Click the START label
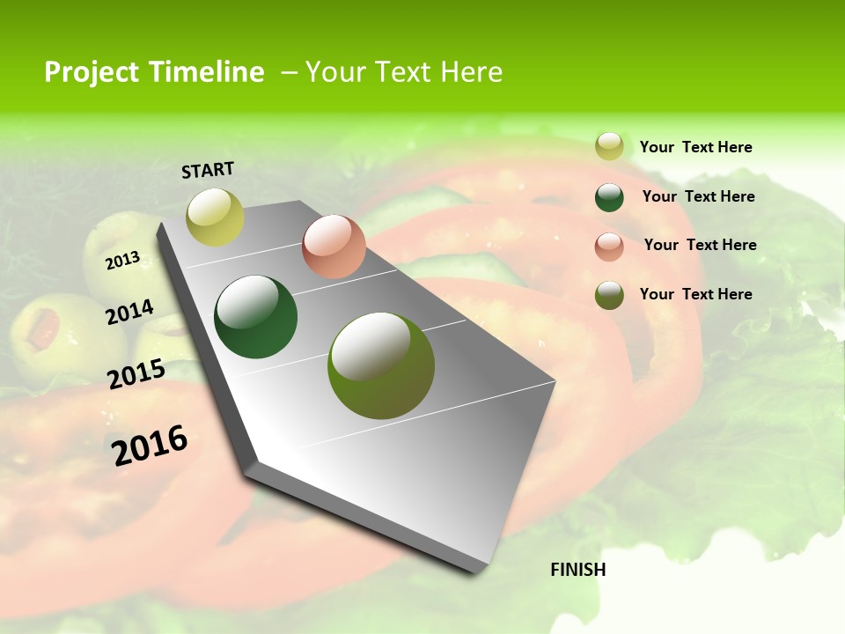(x=208, y=170)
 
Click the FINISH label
(x=578, y=570)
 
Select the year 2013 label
(x=122, y=261)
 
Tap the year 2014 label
(x=129, y=313)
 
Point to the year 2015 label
(x=136, y=374)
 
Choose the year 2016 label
(x=150, y=445)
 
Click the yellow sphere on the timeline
(x=215, y=217)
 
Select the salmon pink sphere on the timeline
(x=334, y=247)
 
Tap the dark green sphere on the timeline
(x=255, y=317)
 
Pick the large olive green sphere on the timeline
(x=380, y=365)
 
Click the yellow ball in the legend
(x=609, y=146)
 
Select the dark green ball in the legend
(x=609, y=197)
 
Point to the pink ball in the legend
(x=609, y=247)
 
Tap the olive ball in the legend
(x=609, y=295)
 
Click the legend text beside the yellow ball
(x=695, y=147)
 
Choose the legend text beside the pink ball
(x=700, y=245)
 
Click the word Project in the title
(x=92, y=72)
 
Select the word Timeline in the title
(x=208, y=72)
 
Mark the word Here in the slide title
(x=471, y=72)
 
